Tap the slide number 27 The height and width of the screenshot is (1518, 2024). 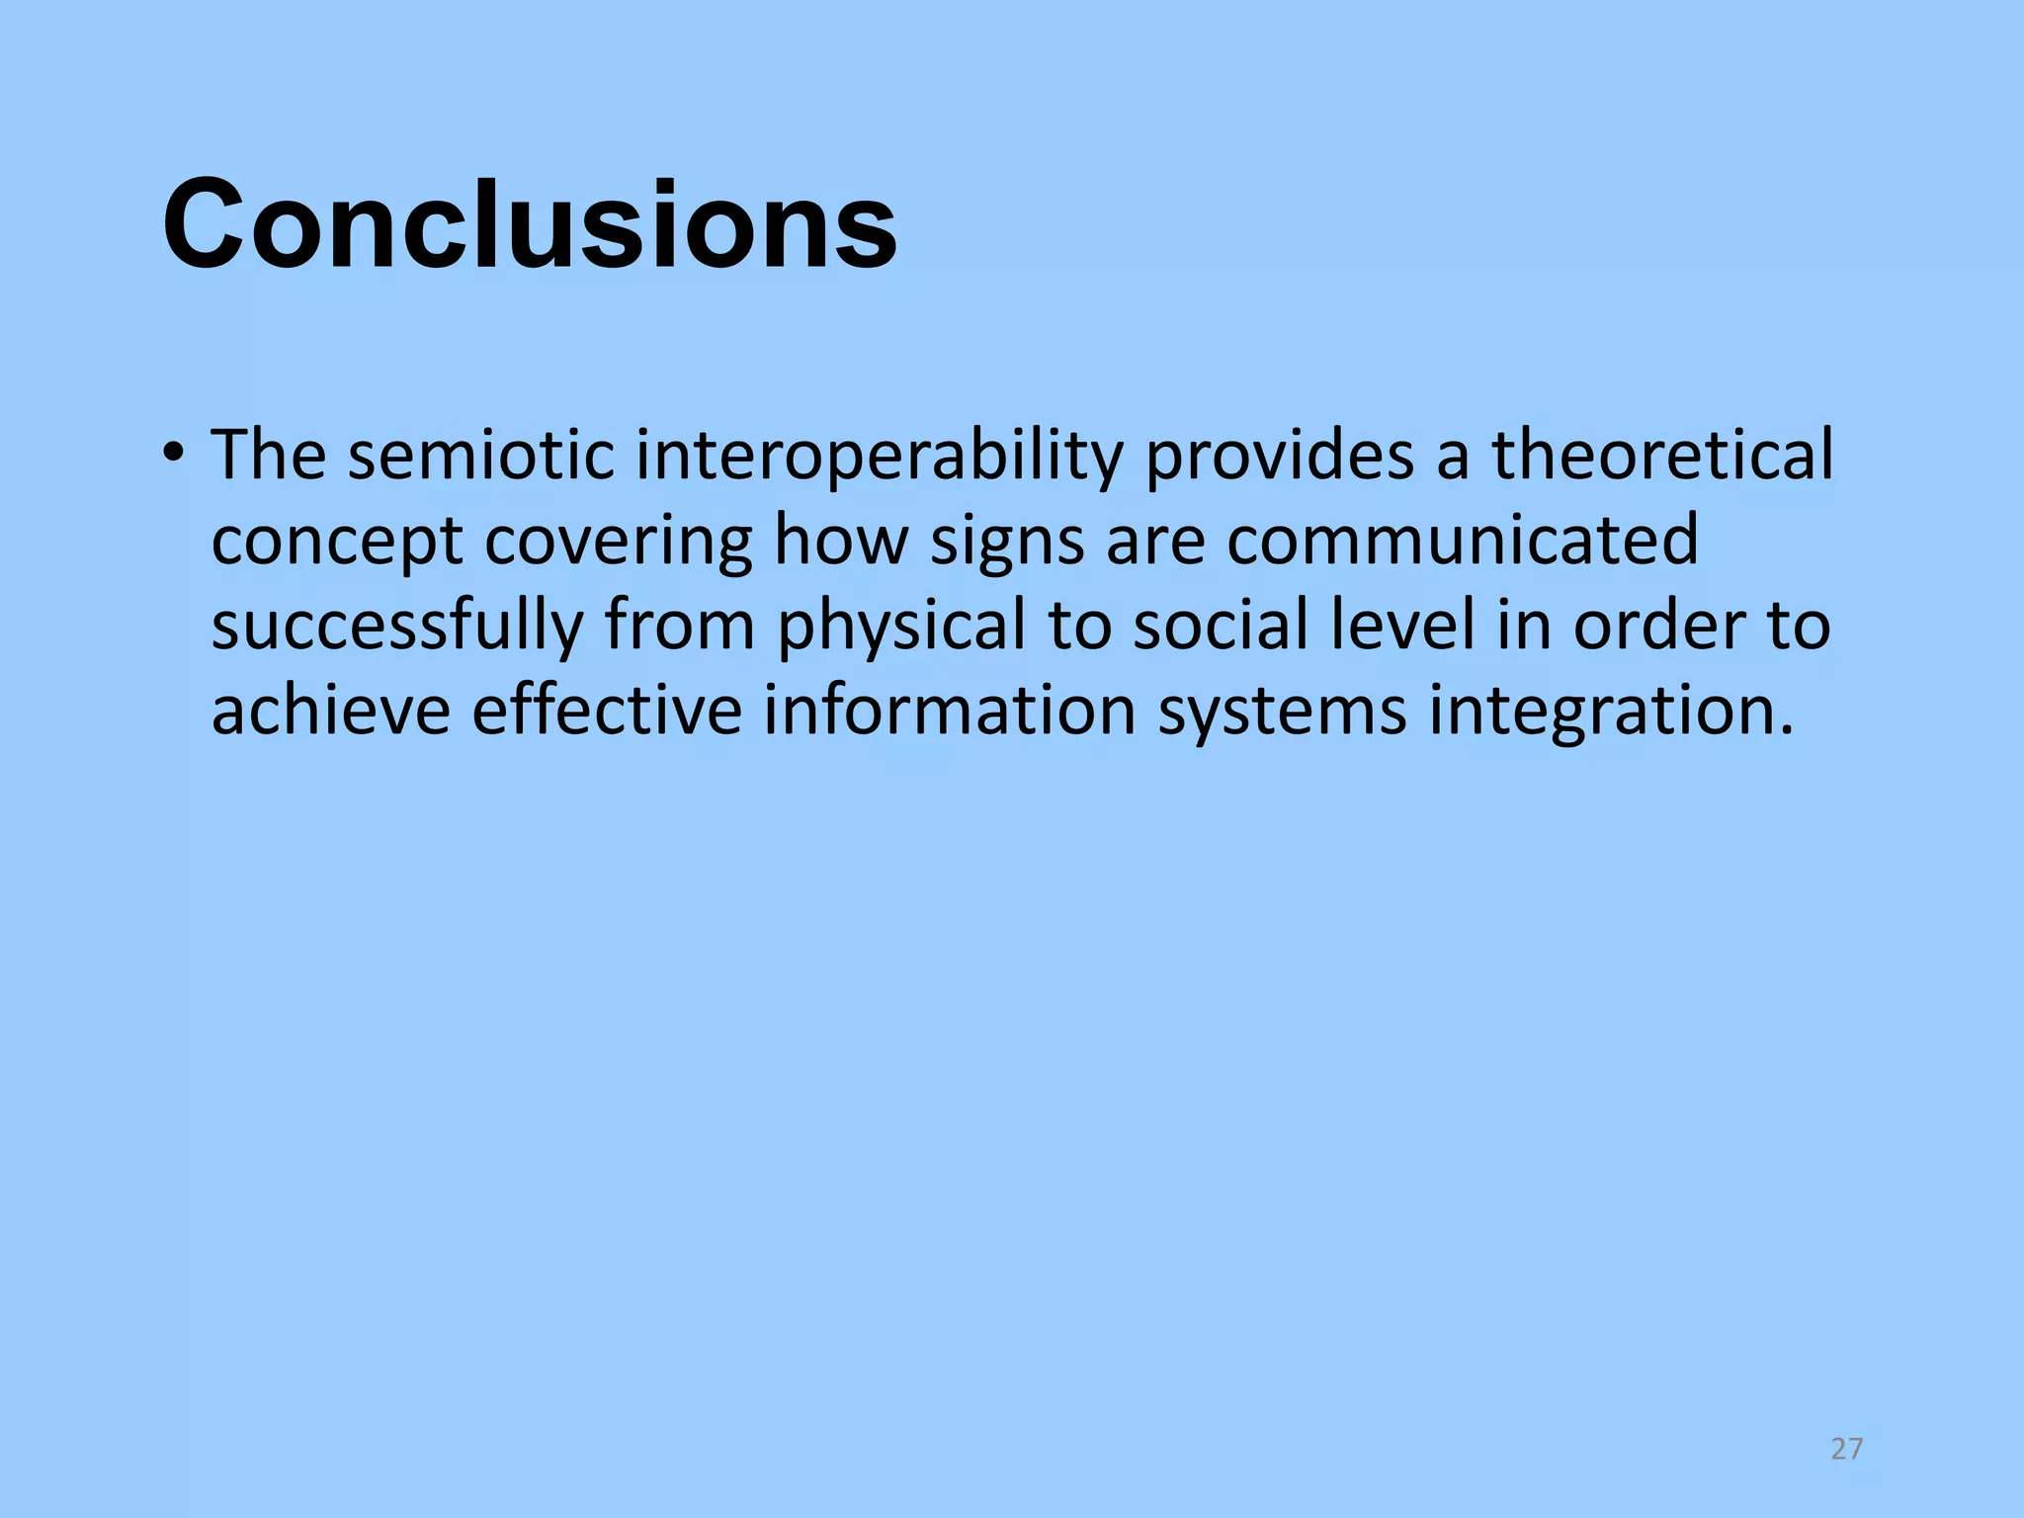pos(1846,1449)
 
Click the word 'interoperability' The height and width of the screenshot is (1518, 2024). pos(879,457)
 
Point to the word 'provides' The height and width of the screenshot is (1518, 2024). pos(1280,457)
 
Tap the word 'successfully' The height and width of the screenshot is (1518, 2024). pos(397,628)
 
